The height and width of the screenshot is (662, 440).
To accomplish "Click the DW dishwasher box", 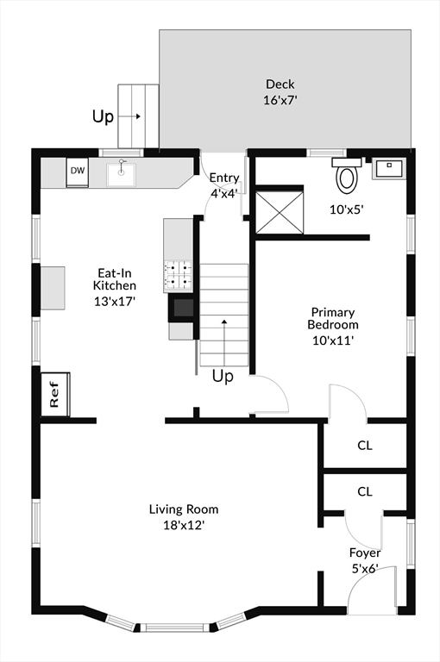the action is (x=78, y=172).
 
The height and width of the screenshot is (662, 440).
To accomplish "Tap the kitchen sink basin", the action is (x=121, y=175).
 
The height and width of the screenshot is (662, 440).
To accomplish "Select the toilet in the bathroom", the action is (x=346, y=176).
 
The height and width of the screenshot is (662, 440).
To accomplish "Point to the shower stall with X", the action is (x=280, y=212).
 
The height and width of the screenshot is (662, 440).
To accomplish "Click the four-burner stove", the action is (x=179, y=274).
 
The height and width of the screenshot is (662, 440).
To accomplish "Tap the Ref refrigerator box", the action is (x=55, y=394).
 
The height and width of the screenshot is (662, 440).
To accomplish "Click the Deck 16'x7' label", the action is (x=280, y=92).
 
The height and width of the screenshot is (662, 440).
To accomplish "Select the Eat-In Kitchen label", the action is (x=115, y=279).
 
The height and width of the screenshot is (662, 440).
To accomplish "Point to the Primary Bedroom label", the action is (x=333, y=318).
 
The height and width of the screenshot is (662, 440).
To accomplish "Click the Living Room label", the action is (x=184, y=509).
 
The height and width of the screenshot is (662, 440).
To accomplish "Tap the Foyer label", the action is (x=365, y=553).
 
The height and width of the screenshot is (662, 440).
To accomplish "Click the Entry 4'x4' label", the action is (x=224, y=184).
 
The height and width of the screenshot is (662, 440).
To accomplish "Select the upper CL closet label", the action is (x=365, y=446).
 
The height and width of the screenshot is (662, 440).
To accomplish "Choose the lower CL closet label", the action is (x=365, y=491).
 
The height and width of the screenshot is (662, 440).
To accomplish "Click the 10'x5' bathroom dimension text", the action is (x=347, y=209).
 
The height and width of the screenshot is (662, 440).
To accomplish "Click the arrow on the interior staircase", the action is (x=224, y=343).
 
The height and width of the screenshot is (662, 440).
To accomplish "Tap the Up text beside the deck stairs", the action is (x=104, y=116).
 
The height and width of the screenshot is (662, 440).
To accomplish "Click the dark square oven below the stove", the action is (x=182, y=309).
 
